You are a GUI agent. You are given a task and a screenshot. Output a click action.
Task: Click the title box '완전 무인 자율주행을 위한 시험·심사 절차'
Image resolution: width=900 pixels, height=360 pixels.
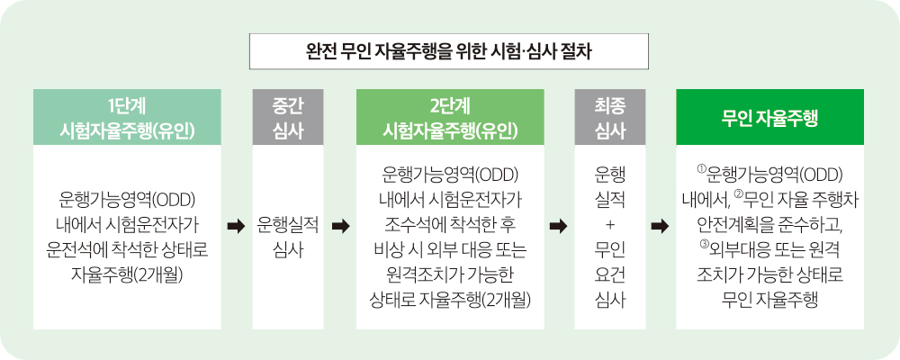pyautogui.click(x=449, y=51)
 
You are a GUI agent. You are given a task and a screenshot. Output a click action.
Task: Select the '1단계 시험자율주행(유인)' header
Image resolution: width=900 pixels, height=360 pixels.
pyautogui.click(x=127, y=117)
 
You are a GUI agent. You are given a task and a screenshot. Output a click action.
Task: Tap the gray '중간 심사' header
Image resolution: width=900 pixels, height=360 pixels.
pyautogui.click(x=288, y=117)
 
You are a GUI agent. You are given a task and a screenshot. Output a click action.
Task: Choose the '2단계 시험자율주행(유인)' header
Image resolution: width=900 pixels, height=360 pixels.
pyautogui.click(x=450, y=117)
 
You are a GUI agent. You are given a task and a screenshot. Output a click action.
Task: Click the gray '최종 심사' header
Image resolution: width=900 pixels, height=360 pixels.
pyautogui.click(x=610, y=117)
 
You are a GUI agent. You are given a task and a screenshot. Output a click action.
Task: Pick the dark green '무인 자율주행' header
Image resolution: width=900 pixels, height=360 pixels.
pyautogui.click(x=769, y=117)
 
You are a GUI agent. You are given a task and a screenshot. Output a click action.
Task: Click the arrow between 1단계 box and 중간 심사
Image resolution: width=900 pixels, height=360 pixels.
pyautogui.click(x=236, y=227)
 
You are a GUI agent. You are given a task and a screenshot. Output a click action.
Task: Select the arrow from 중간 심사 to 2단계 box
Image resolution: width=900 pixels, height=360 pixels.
pyautogui.click(x=340, y=227)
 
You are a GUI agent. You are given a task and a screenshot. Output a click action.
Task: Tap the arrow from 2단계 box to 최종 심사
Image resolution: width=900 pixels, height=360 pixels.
pyautogui.click(x=559, y=227)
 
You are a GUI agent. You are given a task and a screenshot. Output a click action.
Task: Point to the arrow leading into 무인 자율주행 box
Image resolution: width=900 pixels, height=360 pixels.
pyautogui.click(x=660, y=227)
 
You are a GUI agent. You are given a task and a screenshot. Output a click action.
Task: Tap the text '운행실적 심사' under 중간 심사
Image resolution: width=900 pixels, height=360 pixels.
pyautogui.click(x=288, y=237)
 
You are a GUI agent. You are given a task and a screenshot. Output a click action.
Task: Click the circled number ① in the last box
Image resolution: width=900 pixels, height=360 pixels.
pyautogui.click(x=701, y=169)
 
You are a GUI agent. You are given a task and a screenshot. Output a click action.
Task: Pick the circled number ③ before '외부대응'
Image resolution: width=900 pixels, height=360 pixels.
pyautogui.click(x=705, y=246)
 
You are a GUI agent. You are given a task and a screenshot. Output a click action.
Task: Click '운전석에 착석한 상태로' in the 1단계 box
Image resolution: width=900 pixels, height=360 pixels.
pyautogui.click(x=127, y=250)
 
